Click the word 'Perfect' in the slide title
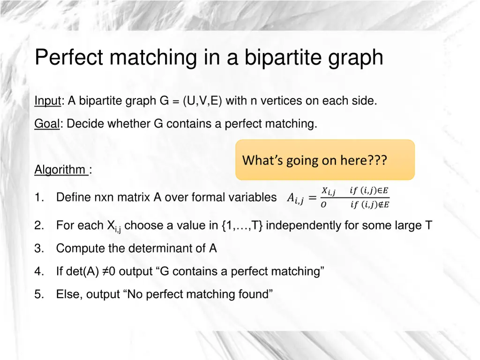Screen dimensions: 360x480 click(x=69, y=58)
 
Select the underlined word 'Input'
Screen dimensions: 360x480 click(x=48, y=101)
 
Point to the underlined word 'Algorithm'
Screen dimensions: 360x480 click(x=60, y=170)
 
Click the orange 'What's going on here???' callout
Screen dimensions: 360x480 click(x=325, y=160)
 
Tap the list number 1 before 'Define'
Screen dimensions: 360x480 click(x=38, y=197)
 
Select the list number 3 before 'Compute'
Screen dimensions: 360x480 click(x=38, y=248)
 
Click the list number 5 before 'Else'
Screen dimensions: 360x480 click(x=38, y=294)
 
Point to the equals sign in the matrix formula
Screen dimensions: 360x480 click(x=312, y=197)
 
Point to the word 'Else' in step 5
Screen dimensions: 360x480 click(x=67, y=294)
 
